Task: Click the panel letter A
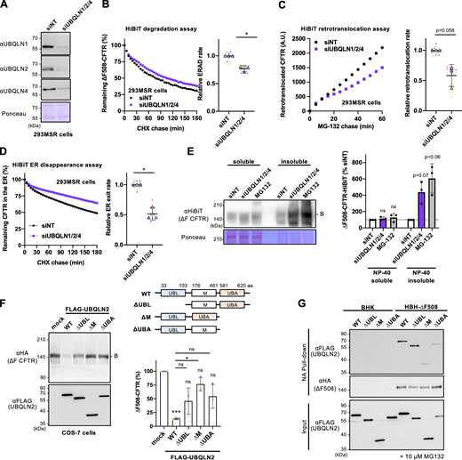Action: (5, 6)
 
